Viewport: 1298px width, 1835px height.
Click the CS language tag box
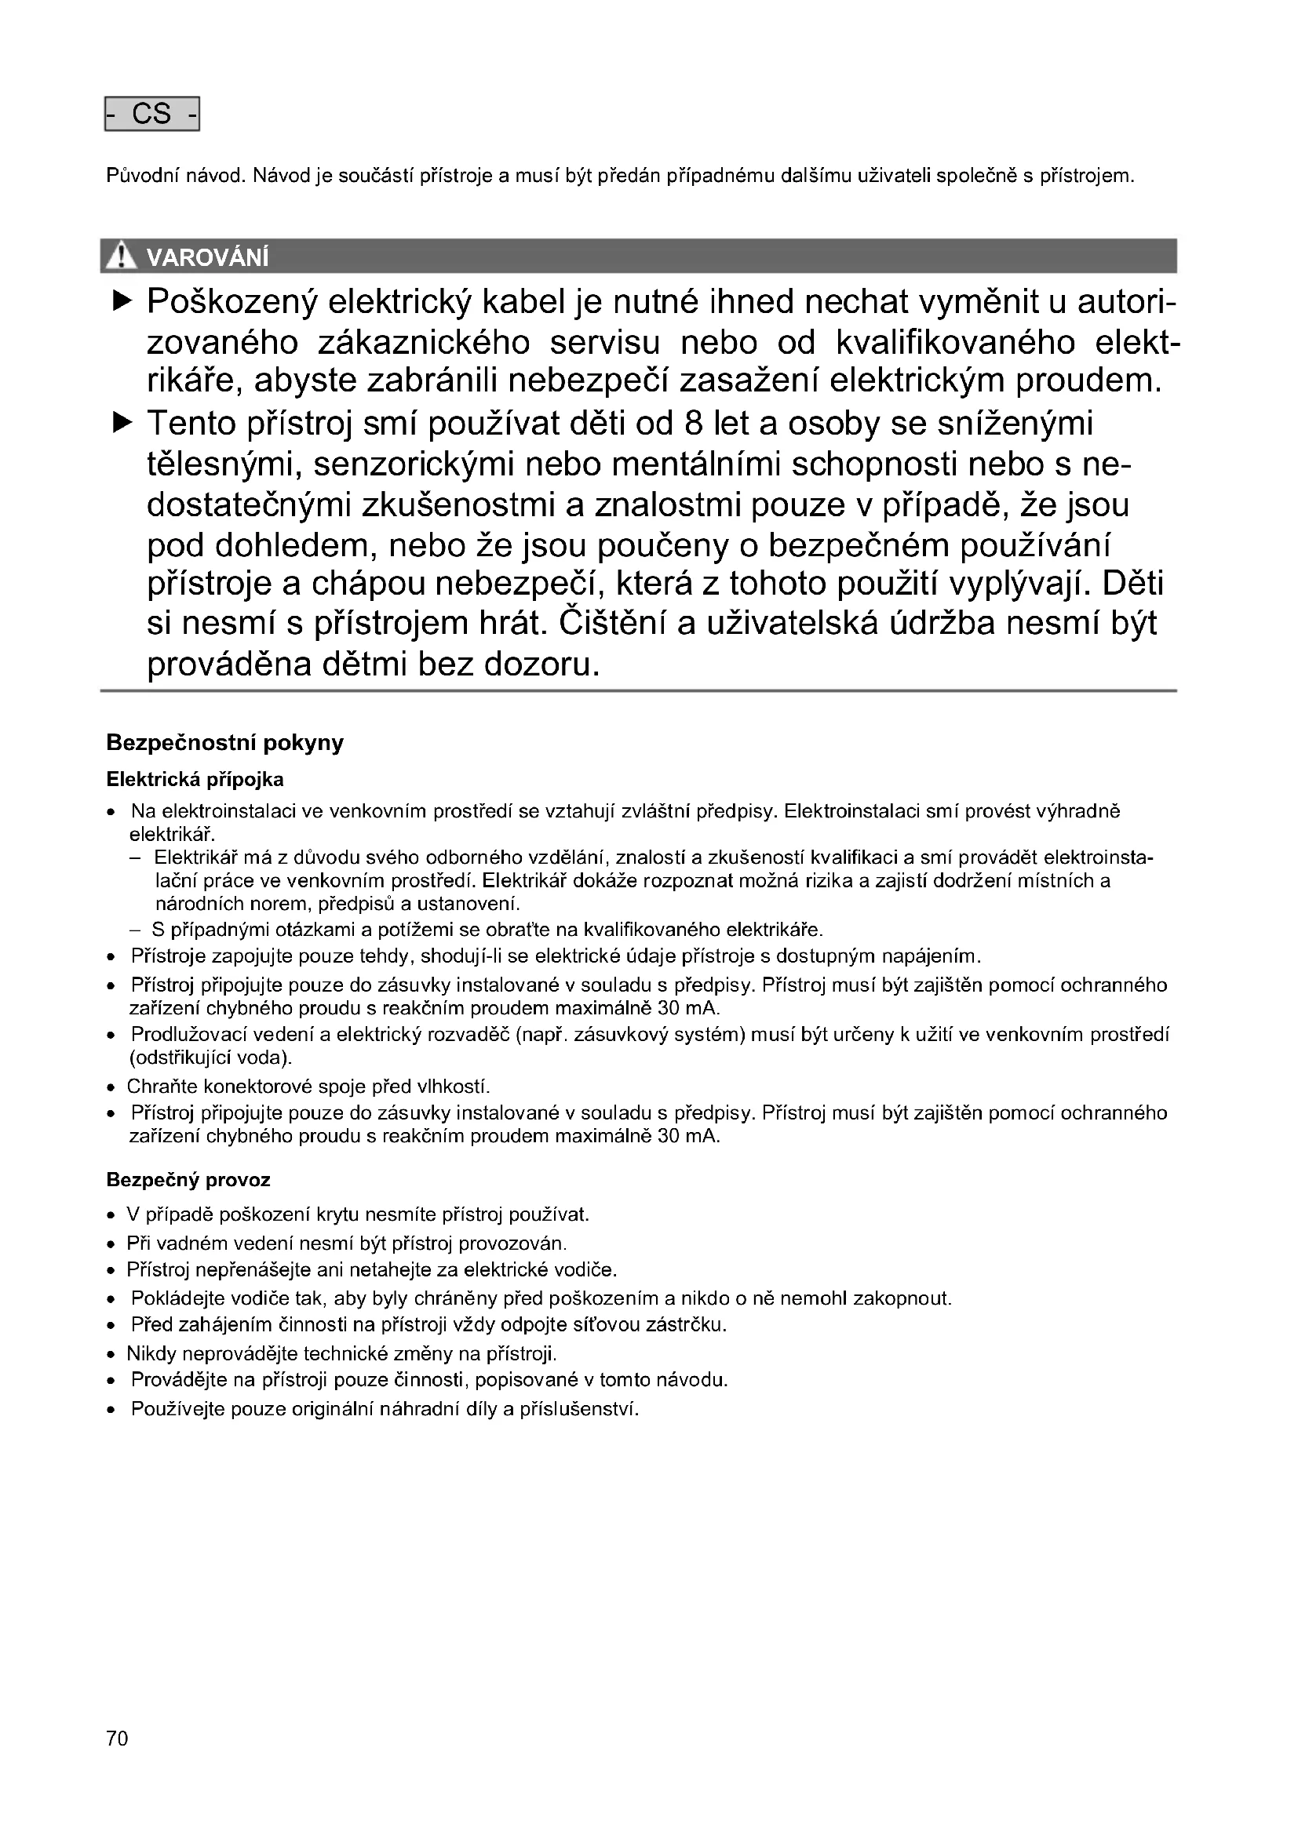point(152,115)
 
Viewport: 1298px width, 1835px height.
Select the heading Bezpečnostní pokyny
point(224,742)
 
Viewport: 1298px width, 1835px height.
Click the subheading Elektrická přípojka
point(195,779)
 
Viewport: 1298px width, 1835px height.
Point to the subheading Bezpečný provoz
point(188,1180)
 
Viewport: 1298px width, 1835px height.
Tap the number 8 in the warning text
point(693,424)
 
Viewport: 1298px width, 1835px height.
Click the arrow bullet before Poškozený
point(122,301)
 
